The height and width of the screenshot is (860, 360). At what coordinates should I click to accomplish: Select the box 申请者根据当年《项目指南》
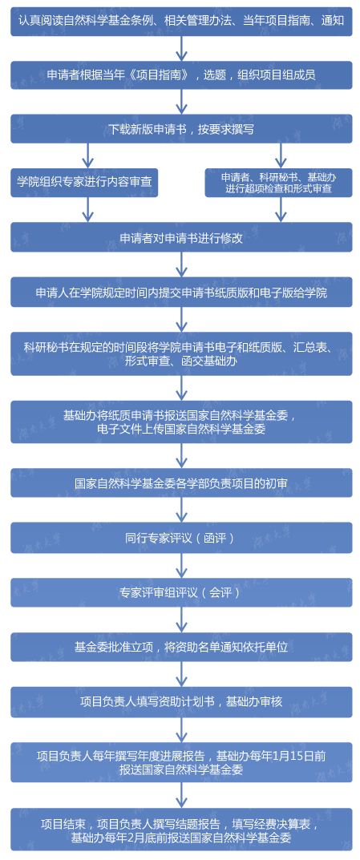coord(181,75)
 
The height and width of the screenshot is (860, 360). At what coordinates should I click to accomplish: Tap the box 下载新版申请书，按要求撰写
coord(181,129)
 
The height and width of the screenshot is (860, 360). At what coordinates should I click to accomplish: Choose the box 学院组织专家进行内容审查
coord(84,183)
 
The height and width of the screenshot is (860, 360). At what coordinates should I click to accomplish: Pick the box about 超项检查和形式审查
coord(279,183)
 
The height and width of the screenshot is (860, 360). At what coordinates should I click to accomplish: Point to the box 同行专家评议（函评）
coord(181,538)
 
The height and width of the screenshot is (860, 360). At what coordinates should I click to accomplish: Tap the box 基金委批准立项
coord(181,647)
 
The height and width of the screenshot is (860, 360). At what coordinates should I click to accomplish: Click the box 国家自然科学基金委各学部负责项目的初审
coord(181,483)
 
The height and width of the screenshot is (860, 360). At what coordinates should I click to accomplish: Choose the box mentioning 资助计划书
coord(181,702)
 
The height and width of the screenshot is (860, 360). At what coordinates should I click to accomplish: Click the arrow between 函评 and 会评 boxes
coord(181,566)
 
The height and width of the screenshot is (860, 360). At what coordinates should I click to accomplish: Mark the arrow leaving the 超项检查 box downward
coord(281,209)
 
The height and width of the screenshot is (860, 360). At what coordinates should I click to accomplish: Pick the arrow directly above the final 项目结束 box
coord(181,795)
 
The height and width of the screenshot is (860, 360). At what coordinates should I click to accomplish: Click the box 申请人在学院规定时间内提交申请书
coord(181,293)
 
